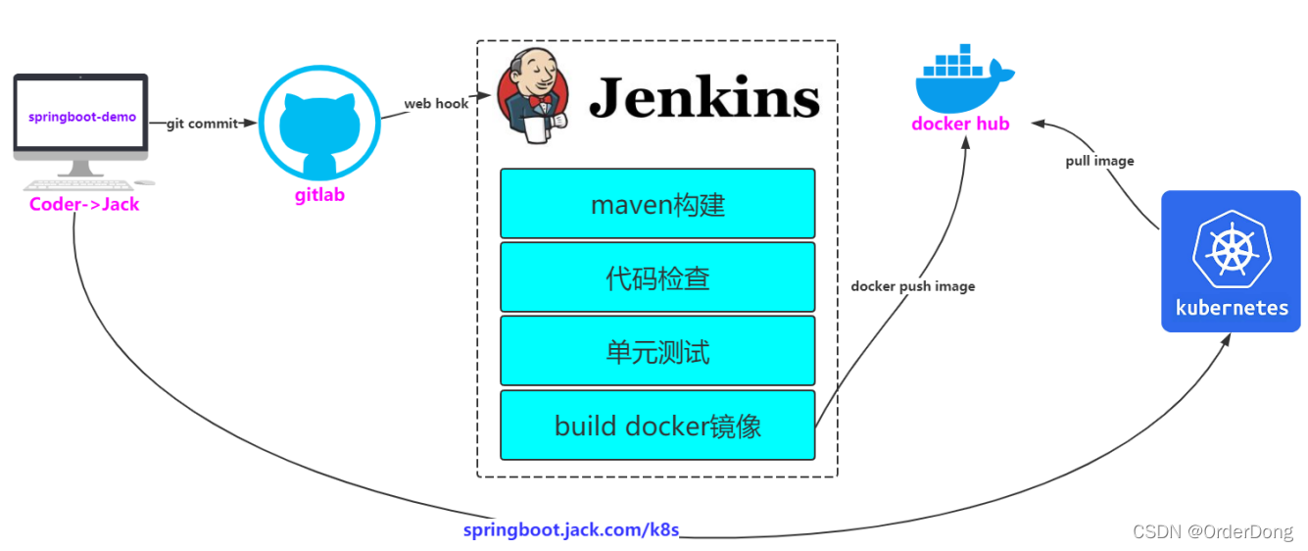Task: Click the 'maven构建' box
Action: point(657,204)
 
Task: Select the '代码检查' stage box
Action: point(657,277)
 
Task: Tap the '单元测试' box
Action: point(657,351)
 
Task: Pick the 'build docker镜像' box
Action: point(657,426)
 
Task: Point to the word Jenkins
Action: point(703,97)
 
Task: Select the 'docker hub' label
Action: point(960,124)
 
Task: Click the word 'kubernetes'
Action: point(1232,308)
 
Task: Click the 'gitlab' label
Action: point(319,195)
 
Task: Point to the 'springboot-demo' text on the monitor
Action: point(82,117)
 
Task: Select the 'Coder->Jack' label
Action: point(84,204)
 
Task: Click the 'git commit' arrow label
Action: point(203,124)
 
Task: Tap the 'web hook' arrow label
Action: point(436,103)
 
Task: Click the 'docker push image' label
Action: point(912,286)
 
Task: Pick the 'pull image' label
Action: point(1099,161)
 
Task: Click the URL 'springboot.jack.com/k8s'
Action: point(571,530)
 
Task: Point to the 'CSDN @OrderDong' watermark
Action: point(1212,531)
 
